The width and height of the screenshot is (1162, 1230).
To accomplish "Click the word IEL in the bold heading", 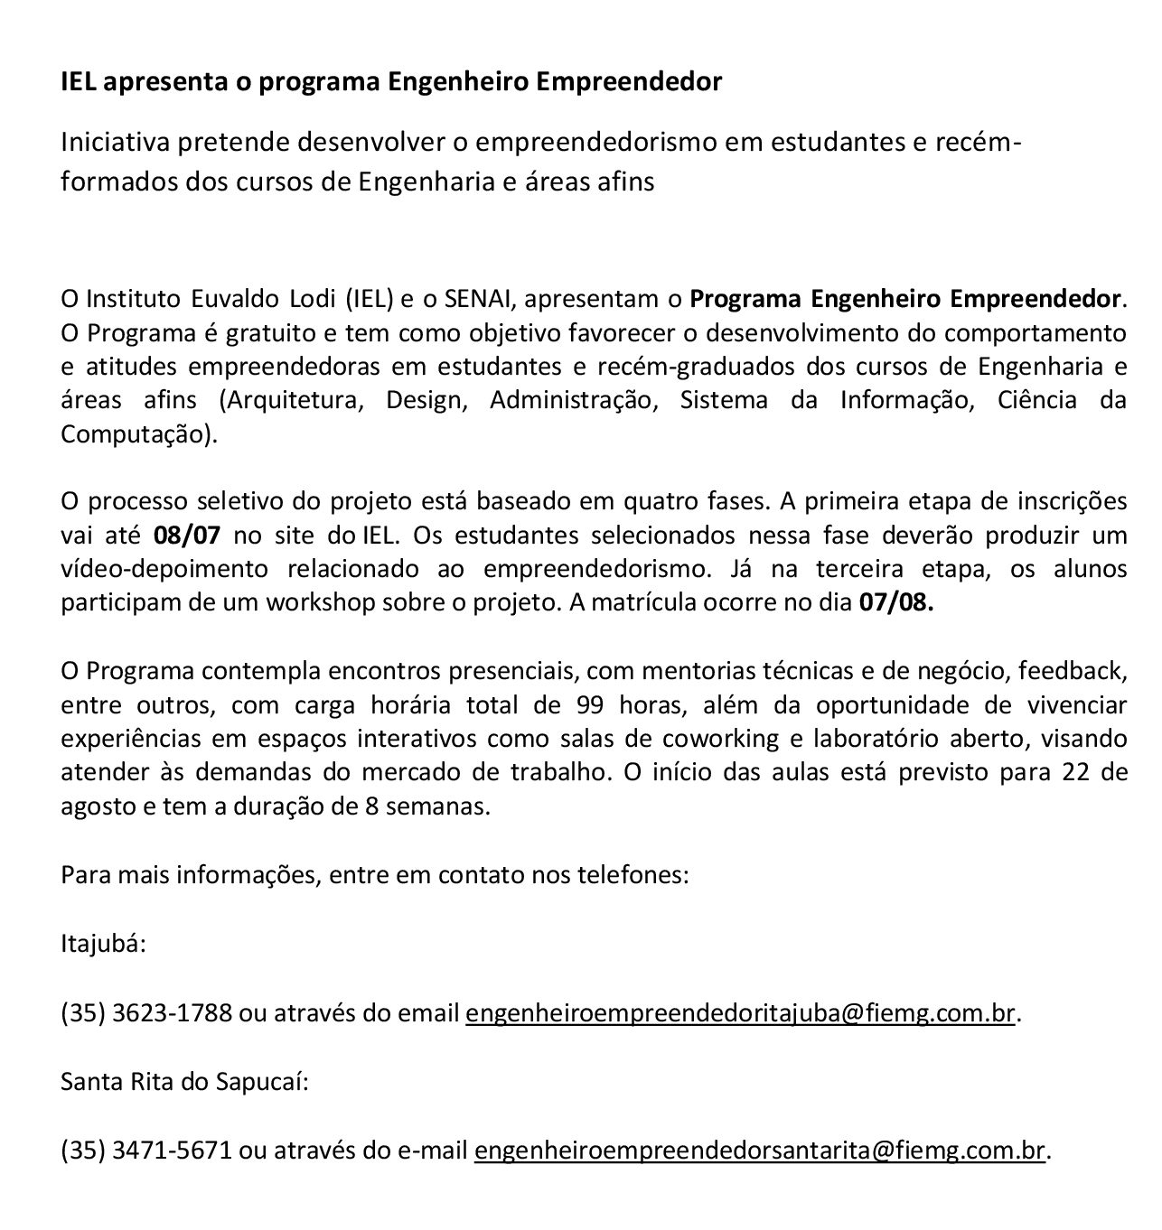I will click(79, 82).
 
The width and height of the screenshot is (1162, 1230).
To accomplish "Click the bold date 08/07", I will click(187, 535).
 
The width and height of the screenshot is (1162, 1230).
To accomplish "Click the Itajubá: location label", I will click(102, 945).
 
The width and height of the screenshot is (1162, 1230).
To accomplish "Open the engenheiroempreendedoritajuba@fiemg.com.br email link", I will click(740, 1013).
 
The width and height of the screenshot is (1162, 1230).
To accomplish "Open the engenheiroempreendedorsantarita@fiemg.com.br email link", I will click(759, 1150).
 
